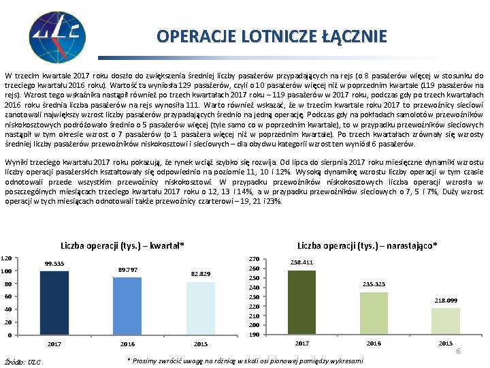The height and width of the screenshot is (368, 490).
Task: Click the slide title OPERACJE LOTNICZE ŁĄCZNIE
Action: pos(272,35)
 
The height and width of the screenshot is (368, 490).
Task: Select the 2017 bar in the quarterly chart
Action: pos(54,303)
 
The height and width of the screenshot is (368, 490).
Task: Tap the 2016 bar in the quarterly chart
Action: pos(127,306)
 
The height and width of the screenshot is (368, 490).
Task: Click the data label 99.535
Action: pos(54,264)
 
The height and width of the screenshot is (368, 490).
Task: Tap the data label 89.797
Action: pos(127,270)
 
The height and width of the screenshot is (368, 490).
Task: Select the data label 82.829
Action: pos(200,274)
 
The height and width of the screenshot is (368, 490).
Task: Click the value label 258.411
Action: pos(301,262)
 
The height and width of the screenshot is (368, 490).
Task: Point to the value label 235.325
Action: pos(374,283)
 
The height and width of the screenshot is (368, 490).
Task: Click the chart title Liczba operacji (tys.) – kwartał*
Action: pos(122,245)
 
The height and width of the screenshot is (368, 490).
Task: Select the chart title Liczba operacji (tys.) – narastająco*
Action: pos(367,245)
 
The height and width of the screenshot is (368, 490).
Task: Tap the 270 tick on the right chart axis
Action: pos(255,259)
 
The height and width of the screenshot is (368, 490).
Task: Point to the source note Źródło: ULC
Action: pos(22,361)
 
